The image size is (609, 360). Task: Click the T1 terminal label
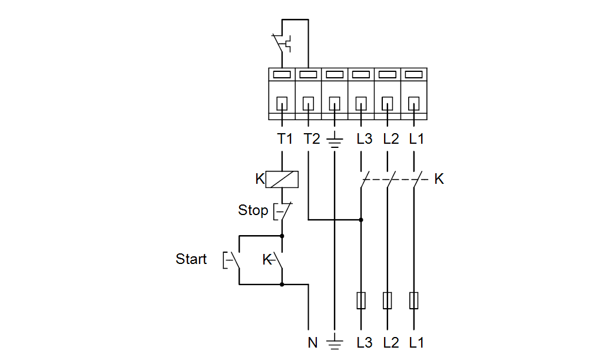284,138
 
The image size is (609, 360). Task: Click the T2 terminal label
312,138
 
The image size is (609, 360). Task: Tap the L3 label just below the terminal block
365,138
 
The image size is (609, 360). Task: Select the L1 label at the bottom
416,342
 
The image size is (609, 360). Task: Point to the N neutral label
312,342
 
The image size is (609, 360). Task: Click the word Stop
253,210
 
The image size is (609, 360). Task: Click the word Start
191,259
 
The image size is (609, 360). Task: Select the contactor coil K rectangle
282,180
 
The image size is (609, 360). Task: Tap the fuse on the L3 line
361,300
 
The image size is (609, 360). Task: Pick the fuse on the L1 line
413,300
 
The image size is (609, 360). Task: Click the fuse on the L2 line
387,300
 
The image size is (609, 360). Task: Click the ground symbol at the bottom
335,343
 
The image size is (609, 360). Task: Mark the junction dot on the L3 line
361,220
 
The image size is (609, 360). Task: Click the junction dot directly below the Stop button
282,236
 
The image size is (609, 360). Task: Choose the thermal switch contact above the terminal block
282,44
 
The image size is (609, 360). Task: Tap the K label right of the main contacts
439,179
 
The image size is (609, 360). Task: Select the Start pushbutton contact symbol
231,260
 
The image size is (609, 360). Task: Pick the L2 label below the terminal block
390,138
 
